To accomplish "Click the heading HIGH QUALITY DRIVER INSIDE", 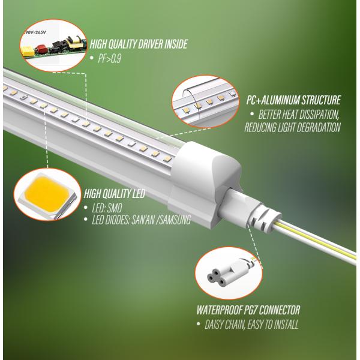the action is click(139, 44).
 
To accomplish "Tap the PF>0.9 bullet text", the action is click(109, 59).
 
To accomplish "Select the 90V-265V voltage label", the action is click(35, 32).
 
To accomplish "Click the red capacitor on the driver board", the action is click(41, 49).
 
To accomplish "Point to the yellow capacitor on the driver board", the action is click(27, 51).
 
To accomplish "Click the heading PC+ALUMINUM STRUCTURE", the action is click(293, 100).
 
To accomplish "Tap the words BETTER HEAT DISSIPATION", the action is click(298, 115).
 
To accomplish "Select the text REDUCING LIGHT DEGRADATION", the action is click(292, 127).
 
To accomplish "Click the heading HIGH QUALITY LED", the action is click(115, 194).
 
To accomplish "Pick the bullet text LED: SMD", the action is click(107, 208).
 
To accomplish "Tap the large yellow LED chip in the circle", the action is click(46, 194).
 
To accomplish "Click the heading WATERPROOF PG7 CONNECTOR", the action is click(248, 310).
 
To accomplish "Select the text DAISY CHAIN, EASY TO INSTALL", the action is click(251, 325).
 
